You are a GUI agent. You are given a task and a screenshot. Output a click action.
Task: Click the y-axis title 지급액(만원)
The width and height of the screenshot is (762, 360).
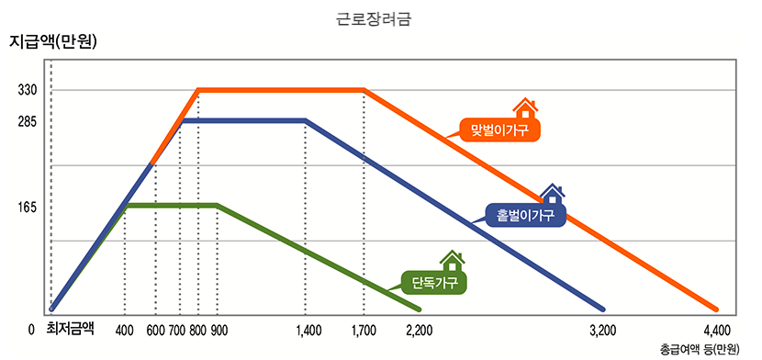click(x=53, y=41)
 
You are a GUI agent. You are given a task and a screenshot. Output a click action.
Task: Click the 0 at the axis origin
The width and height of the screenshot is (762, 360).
click(x=31, y=330)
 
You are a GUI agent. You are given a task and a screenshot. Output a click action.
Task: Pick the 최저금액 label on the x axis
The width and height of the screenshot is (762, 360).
click(x=70, y=329)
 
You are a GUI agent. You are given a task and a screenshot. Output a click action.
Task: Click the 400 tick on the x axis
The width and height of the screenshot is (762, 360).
click(x=126, y=330)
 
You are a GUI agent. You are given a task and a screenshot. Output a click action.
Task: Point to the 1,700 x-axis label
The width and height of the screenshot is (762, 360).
click(x=364, y=330)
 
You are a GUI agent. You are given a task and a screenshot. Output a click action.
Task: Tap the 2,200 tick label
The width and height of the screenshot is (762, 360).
click(x=419, y=330)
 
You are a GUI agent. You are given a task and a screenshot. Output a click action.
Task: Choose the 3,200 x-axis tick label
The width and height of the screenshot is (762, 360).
click(x=601, y=330)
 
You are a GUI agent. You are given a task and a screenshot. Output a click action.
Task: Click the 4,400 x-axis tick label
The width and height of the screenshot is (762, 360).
click(x=716, y=330)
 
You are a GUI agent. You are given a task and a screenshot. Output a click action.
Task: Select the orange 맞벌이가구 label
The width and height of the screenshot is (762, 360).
click(x=499, y=129)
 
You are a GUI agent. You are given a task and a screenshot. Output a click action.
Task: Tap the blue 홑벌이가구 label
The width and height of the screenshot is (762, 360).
click(x=524, y=215)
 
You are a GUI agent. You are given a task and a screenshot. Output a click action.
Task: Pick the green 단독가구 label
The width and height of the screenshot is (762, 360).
click(x=434, y=281)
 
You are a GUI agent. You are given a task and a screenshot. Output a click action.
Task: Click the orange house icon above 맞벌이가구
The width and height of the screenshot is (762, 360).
click(x=524, y=108)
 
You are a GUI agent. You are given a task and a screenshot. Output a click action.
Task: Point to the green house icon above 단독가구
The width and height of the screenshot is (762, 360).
click(x=451, y=261)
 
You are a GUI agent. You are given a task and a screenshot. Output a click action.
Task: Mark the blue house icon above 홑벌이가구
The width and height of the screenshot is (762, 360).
click(x=552, y=194)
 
